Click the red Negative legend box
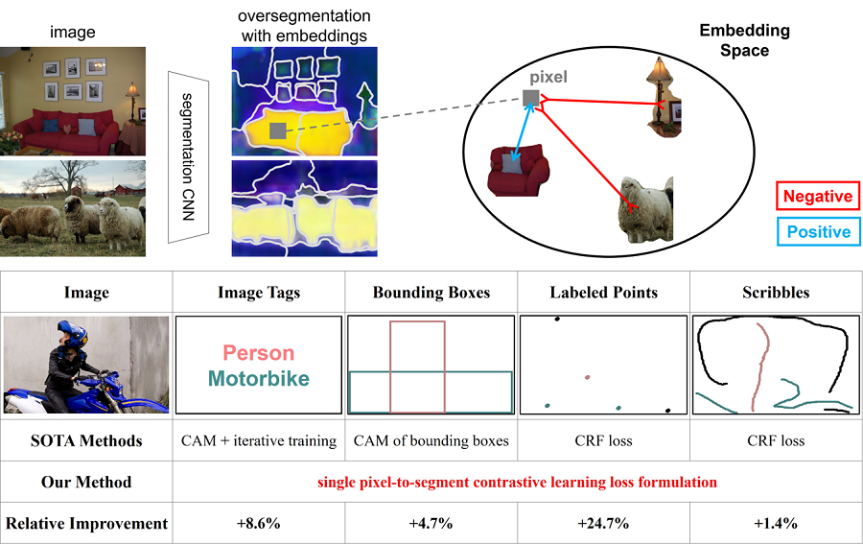pyautogui.click(x=817, y=197)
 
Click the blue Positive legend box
pyautogui.click(x=817, y=231)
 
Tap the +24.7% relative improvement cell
pyautogui.click(x=603, y=524)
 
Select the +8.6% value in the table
pyautogui.click(x=259, y=524)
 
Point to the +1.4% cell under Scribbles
pyautogui.click(x=777, y=524)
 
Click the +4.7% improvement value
pyautogui.click(x=431, y=524)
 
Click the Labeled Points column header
pyautogui.click(x=603, y=293)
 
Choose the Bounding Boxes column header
pyautogui.click(x=431, y=293)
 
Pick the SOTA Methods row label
pyautogui.click(x=86, y=441)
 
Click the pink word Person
pyautogui.click(x=259, y=354)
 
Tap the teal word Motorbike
pyautogui.click(x=259, y=379)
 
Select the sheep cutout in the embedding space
pyautogui.click(x=643, y=207)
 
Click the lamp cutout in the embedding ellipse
pyautogui.click(x=661, y=93)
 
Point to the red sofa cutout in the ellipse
pyautogui.click(x=519, y=169)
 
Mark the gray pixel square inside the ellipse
pyautogui.click(x=530, y=97)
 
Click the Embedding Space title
pyautogui.click(x=744, y=40)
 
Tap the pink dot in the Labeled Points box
pyautogui.click(x=588, y=377)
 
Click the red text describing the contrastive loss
pyautogui.click(x=517, y=482)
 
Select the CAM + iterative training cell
pyautogui.click(x=259, y=441)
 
